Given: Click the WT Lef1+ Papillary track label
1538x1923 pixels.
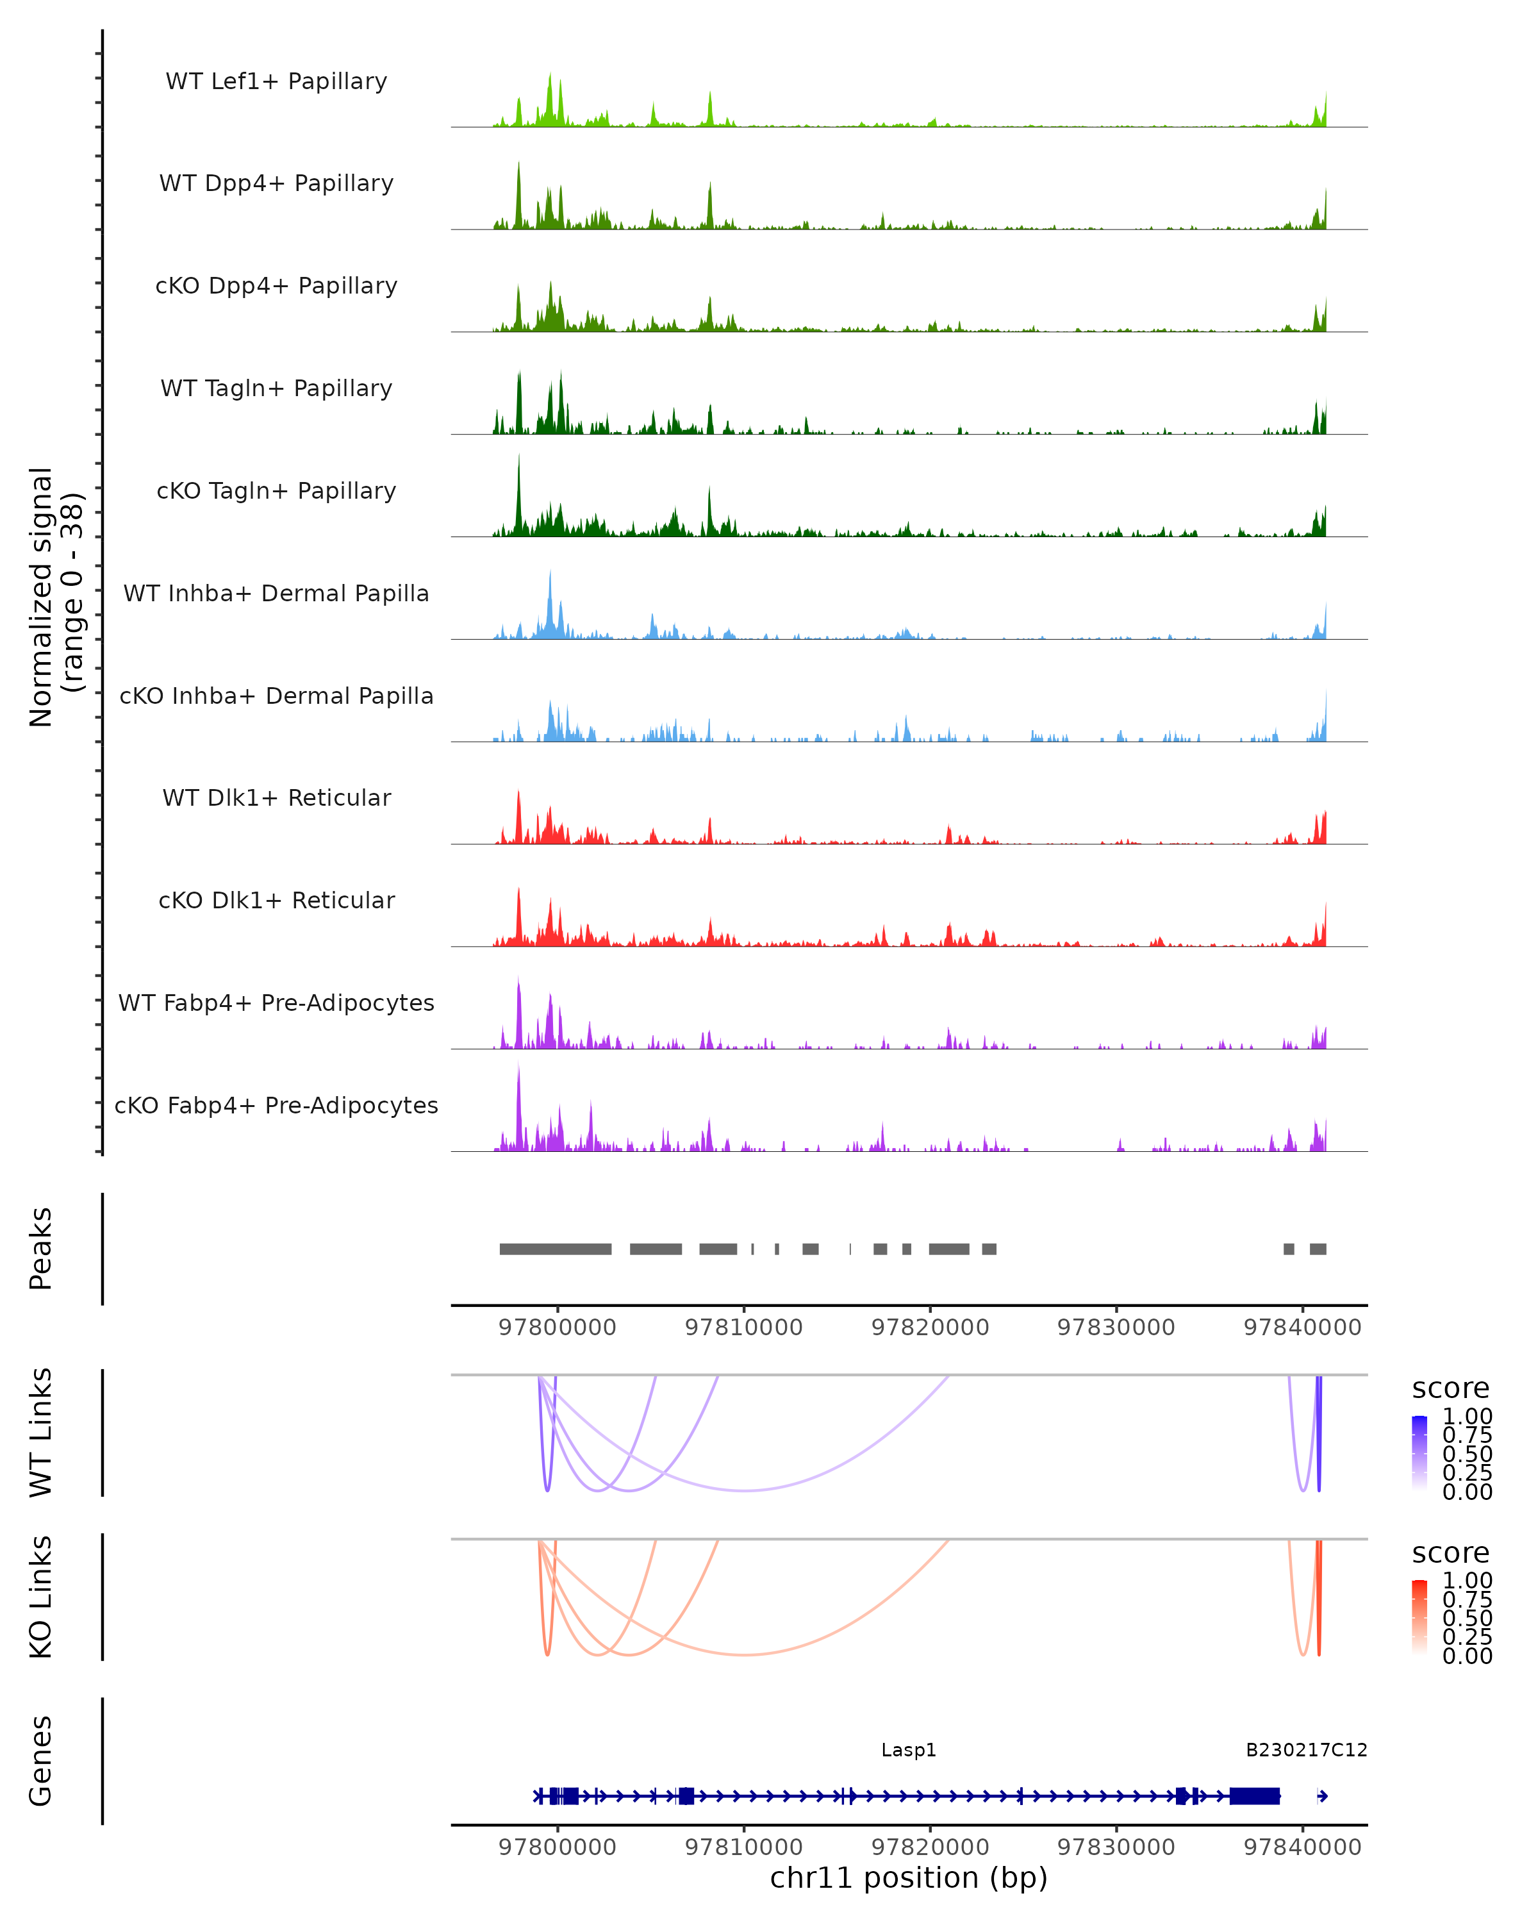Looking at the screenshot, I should point(276,81).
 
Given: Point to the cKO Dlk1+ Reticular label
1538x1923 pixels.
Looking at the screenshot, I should point(276,900).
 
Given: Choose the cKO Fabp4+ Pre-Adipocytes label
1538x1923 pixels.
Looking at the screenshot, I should point(276,1105).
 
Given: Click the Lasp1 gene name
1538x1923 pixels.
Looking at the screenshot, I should point(909,1750).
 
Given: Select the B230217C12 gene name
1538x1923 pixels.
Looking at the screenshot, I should point(1306,1750).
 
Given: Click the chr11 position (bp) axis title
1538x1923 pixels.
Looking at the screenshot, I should point(909,1877).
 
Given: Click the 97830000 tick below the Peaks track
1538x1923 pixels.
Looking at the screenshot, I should point(1116,1328).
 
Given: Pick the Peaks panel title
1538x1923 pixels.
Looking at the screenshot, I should point(40,1249).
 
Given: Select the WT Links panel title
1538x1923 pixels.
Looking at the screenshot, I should point(40,1433).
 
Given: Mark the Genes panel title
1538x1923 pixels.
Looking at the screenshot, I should point(40,1761).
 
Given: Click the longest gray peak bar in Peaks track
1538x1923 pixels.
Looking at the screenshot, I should point(556,1249).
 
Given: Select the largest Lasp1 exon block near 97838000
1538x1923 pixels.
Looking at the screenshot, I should point(1255,1796).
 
